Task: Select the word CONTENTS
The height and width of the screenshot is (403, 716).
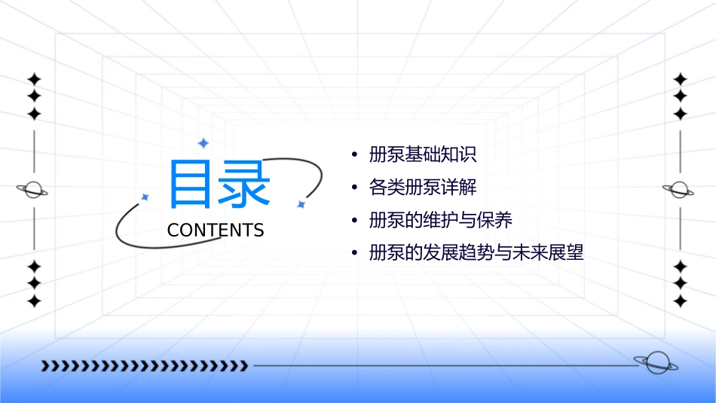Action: (216, 231)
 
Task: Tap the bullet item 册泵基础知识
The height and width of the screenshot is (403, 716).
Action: (423, 155)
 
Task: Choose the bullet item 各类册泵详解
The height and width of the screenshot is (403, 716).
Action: (423, 188)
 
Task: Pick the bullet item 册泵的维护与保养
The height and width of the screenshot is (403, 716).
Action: (441, 220)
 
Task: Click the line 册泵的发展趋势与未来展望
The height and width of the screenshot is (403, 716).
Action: (476, 253)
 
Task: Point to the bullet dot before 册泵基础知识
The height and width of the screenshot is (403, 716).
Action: (354, 156)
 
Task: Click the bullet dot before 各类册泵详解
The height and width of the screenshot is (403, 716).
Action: (354, 188)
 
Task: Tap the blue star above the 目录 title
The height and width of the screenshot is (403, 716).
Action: (202, 142)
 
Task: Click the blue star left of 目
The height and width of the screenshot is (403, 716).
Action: (145, 197)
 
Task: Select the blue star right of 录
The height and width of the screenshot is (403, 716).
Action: (300, 204)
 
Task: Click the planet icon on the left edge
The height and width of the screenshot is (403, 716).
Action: (33, 190)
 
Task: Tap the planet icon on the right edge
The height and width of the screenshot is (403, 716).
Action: (679, 190)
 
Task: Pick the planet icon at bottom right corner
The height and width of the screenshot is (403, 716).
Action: (655, 363)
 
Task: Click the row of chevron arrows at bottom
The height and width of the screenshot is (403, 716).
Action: (145, 366)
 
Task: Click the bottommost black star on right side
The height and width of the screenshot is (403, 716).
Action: (681, 301)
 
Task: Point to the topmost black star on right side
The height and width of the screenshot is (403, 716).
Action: (681, 78)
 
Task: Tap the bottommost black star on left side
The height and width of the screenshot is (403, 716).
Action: (34, 301)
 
